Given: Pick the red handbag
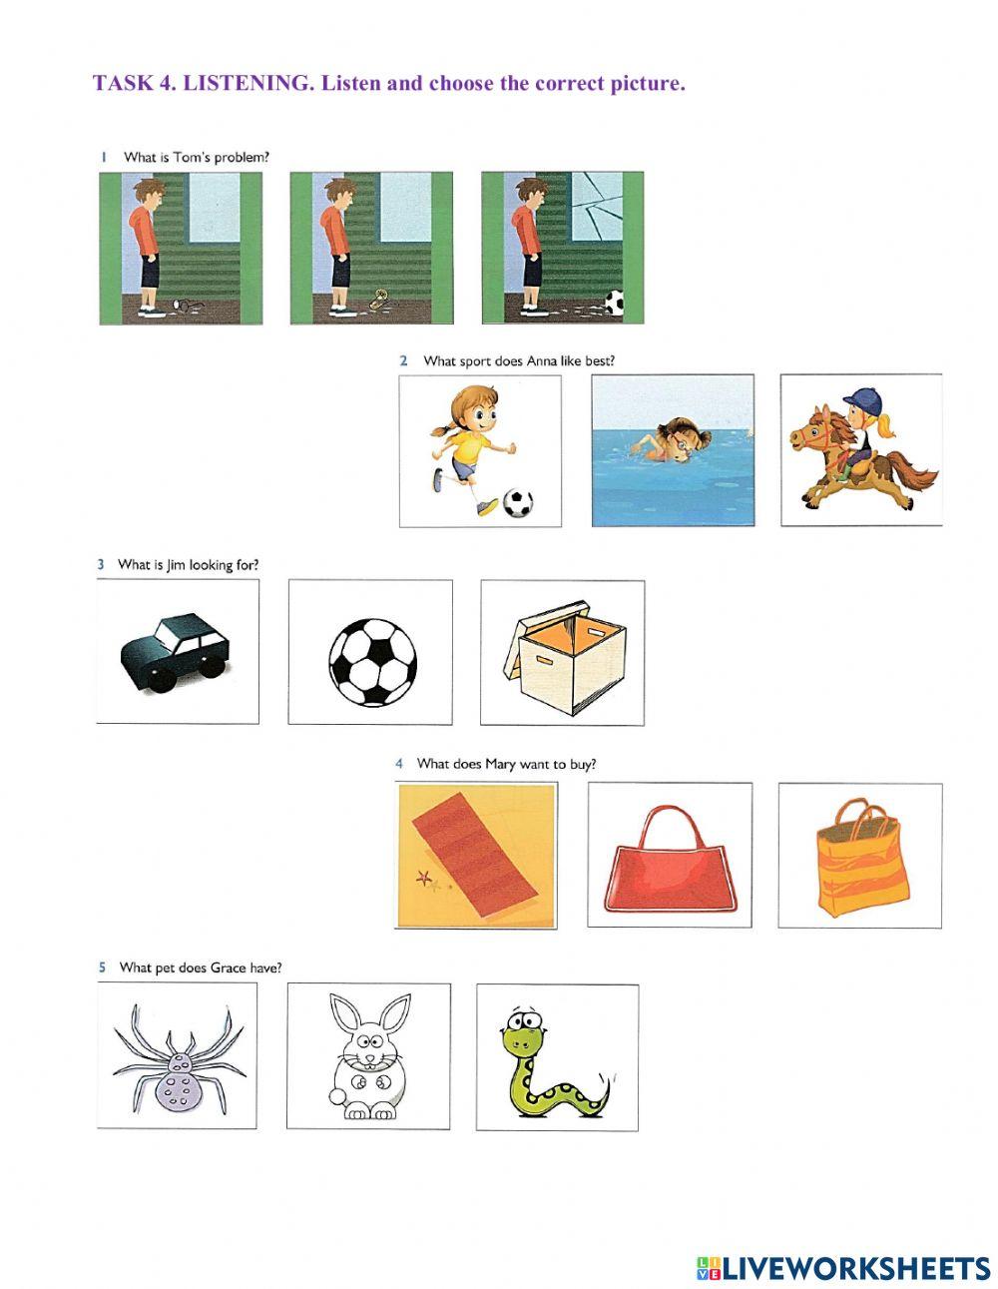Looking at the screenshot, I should (669, 863).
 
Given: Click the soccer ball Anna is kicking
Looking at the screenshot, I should (517, 502).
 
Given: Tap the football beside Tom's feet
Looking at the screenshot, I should (615, 301).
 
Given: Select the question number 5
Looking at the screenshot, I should (102, 967).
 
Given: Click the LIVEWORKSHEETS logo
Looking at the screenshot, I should (842, 1268).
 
